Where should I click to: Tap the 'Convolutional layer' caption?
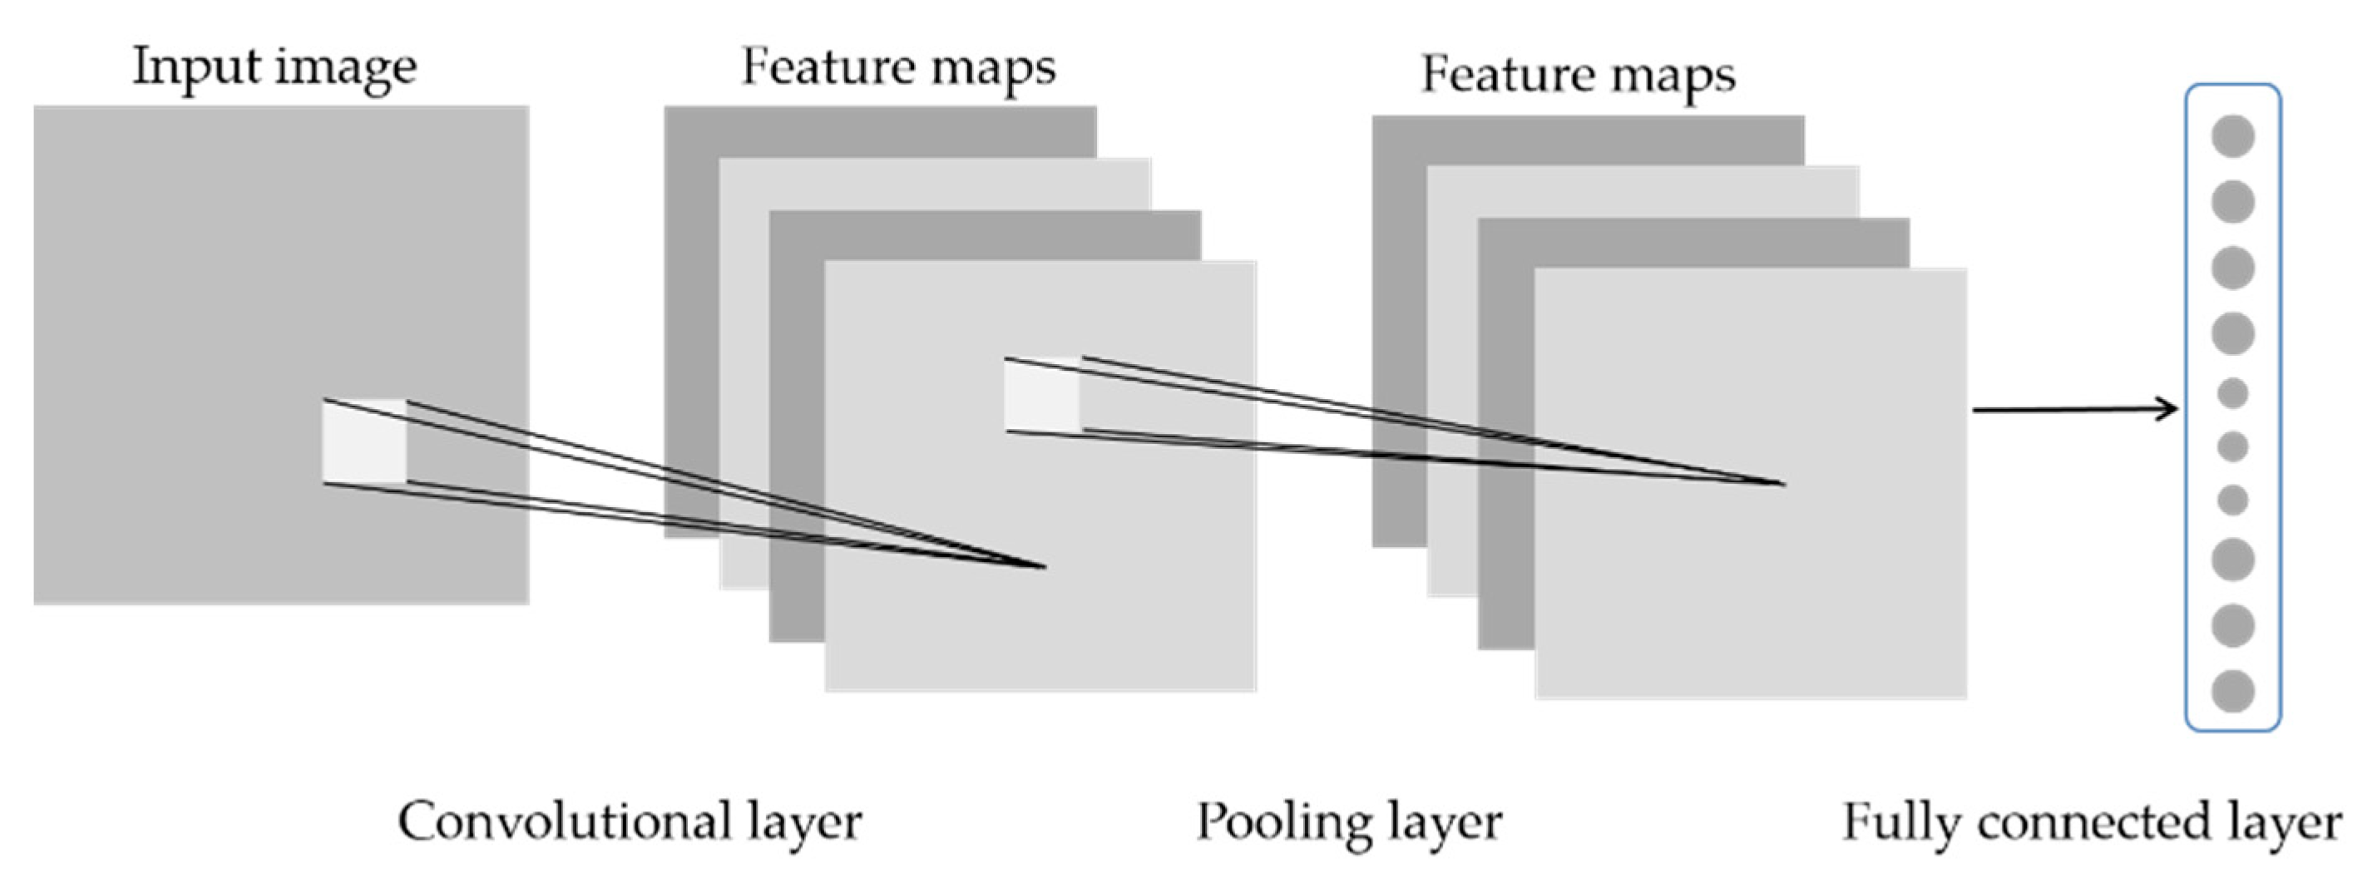(x=629, y=821)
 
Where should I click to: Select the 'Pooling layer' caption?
(x=1349, y=821)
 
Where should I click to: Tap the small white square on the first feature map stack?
(x=1043, y=395)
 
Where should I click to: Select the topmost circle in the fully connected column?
(x=2233, y=136)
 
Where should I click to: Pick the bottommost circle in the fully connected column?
(x=2233, y=691)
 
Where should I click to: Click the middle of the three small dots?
(x=2233, y=447)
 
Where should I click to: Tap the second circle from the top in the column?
(x=2233, y=202)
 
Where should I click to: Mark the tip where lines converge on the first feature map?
(x=1044, y=567)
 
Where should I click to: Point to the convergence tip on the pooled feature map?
(x=1782, y=483)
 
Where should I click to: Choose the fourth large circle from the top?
(x=2233, y=333)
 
